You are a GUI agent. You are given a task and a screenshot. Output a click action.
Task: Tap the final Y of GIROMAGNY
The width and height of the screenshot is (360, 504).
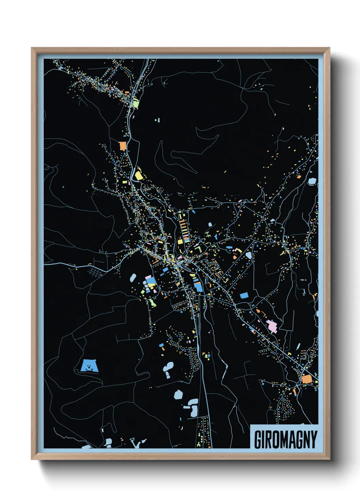(x=313, y=440)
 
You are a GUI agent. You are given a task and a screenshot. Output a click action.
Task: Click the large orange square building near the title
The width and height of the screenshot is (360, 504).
(x=307, y=379)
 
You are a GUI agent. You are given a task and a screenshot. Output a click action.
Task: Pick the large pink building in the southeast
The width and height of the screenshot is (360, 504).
(x=272, y=326)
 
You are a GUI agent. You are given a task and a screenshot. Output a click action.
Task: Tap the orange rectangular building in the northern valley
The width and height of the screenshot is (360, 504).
(x=122, y=146)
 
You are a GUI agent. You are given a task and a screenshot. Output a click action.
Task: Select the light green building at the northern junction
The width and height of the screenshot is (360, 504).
(x=136, y=103)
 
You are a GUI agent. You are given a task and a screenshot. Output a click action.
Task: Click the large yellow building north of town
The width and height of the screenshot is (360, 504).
(x=138, y=176)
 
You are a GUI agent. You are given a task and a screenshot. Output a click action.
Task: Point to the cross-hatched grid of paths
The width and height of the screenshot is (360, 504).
(x=96, y=271)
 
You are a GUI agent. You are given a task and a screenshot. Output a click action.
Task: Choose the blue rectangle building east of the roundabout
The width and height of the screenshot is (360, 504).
(x=244, y=295)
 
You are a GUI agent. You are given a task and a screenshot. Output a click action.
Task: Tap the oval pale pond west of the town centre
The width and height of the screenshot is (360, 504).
(x=133, y=278)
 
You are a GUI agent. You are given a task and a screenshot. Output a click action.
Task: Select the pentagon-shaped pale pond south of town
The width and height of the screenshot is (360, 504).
(x=178, y=395)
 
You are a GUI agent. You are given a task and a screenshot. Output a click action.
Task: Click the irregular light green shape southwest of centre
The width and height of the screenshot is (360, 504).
(x=152, y=302)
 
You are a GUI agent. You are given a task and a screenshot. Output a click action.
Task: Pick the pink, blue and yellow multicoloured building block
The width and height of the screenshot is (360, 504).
(x=151, y=282)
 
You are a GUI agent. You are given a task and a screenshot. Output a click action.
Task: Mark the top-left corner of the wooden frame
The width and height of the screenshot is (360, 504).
(x=32, y=48)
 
